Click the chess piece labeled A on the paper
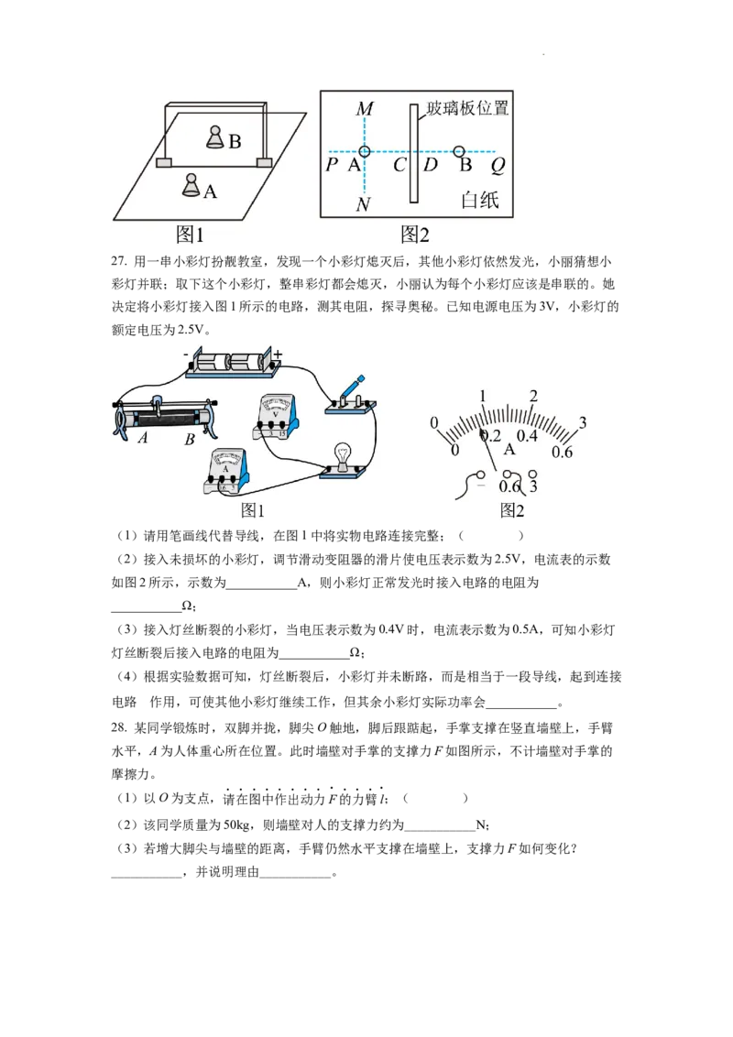(191, 186)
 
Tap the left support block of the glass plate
(164, 163)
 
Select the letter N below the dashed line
(363, 204)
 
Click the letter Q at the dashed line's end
(498, 166)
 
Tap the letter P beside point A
(332, 166)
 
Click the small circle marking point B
(459, 150)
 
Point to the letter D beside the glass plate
(430, 166)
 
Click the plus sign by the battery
(278, 353)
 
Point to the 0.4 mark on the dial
(527, 435)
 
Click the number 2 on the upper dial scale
(533, 396)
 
